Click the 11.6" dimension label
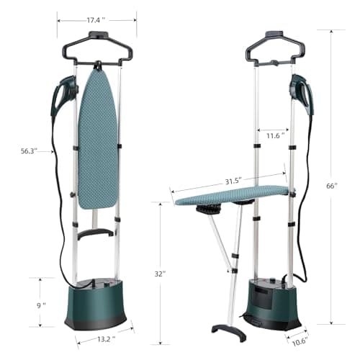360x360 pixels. (x=274, y=135)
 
